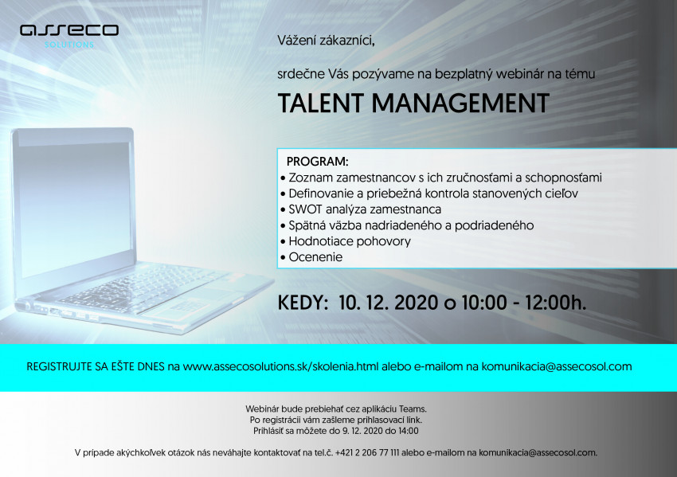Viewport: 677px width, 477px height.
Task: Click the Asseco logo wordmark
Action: [x=69, y=29]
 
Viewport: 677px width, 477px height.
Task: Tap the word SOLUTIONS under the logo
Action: [x=69, y=45]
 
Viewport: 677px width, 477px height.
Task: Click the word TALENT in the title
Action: [x=321, y=104]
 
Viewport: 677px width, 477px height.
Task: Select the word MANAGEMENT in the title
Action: [x=460, y=104]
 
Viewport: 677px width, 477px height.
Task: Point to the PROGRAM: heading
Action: [x=317, y=162]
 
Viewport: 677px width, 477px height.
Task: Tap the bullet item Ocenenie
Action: [x=315, y=257]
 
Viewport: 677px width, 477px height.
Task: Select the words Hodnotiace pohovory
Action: [x=350, y=241]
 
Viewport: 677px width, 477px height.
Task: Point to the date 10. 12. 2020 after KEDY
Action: [x=388, y=303]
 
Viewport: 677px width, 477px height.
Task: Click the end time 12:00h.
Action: [x=555, y=303]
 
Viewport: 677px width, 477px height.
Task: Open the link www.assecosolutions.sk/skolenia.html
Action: [x=280, y=367]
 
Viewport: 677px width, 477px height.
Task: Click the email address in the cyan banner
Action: [x=557, y=367]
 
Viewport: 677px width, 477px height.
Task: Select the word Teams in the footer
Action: [x=413, y=409]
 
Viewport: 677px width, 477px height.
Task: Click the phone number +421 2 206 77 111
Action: [x=367, y=453]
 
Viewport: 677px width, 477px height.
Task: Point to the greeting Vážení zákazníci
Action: [x=326, y=41]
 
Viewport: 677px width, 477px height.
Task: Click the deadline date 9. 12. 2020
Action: [x=362, y=431]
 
